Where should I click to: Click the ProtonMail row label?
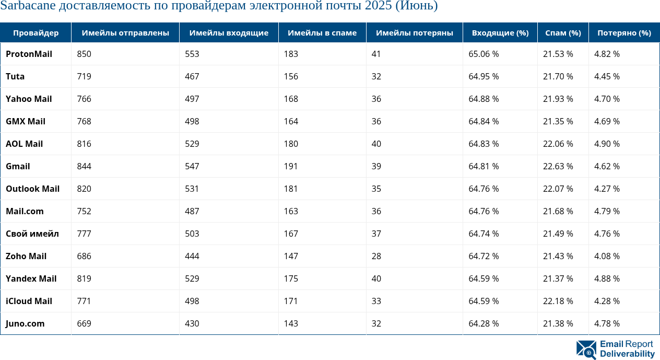point(29,54)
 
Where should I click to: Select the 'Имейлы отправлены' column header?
point(125,32)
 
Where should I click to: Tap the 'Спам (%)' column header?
point(563,32)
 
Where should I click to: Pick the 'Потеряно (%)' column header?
point(624,32)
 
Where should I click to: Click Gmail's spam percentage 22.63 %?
point(558,166)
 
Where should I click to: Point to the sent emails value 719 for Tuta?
point(84,76)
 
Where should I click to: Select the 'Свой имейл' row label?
point(32,234)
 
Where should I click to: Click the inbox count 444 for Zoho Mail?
point(192,256)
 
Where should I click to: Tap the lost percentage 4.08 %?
point(607,256)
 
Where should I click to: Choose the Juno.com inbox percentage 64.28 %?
point(484,323)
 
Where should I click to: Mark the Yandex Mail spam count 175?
point(291,278)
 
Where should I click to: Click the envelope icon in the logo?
point(586,349)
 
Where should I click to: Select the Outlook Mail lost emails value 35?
point(376,189)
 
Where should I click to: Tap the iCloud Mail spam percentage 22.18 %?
point(558,301)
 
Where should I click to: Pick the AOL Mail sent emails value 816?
point(84,144)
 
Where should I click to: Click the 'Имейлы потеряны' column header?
point(414,32)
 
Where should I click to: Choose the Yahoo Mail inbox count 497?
point(192,99)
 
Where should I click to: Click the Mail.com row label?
point(25,211)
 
